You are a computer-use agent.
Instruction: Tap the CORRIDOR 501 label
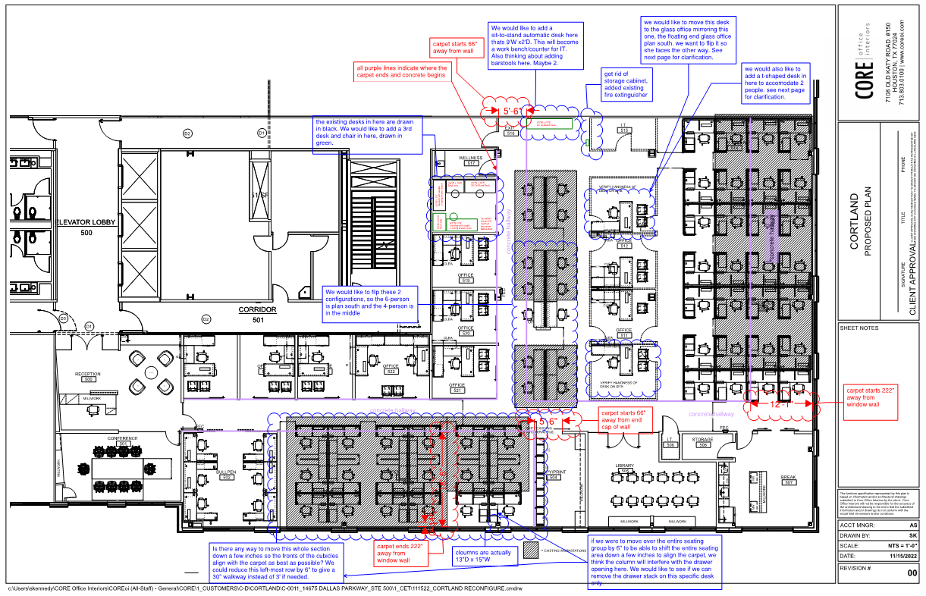(257, 313)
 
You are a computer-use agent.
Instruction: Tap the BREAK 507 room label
(789, 479)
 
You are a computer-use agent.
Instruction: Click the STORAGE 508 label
(702, 441)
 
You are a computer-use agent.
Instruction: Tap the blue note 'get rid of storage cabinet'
(626, 85)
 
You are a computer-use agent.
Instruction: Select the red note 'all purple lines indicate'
(402, 71)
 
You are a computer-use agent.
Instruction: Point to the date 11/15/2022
(899, 557)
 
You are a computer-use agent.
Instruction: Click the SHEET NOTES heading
(859, 328)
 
